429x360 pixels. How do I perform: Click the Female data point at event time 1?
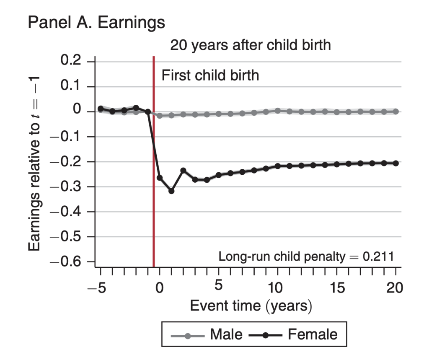(x=171, y=191)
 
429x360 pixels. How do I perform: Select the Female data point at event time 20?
(x=395, y=163)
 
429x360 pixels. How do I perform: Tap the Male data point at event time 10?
(x=278, y=111)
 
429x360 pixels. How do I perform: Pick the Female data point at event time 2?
(x=183, y=171)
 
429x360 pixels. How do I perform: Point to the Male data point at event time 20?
(x=395, y=111)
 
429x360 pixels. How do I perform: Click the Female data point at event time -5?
(x=101, y=109)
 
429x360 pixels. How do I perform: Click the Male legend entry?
(x=207, y=334)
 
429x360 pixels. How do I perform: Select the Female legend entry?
(x=293, y=334)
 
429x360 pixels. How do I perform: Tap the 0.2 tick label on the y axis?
(x=70, y=60)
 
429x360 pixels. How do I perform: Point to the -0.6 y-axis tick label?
(x=65, y=262)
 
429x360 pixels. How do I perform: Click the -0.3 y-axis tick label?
(x=65, y=187)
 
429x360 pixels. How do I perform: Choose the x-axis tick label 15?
(x=337, y=288)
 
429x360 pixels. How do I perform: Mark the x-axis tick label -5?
(x=97, y=288)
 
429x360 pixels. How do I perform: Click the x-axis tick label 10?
(x=275, y=288)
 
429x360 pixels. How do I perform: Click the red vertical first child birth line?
(x=154, y=161)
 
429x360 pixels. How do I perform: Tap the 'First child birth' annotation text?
(x=210, y=75)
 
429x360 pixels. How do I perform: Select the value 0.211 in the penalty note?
(x=378, y=256)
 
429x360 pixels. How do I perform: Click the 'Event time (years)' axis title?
(x=251, y=306)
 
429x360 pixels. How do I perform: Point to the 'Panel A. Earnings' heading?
(x=96, y=22)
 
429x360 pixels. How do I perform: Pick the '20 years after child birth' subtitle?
(x=251, y=45)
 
